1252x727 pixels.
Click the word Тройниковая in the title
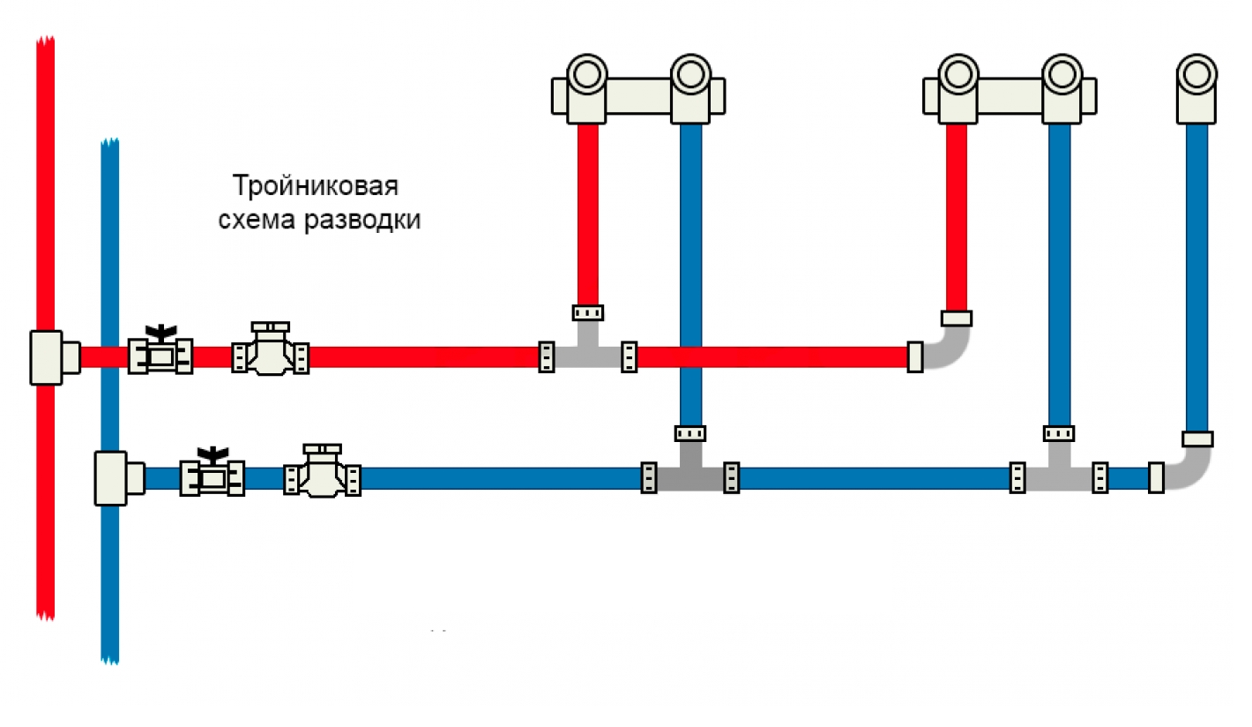tap(315, 187)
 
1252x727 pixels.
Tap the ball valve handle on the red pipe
tap(160, 334)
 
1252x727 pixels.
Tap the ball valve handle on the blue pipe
tap(212, 455)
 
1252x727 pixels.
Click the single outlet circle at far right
tap(1197, 74)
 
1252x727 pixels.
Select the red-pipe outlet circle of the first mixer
tap(586, 74)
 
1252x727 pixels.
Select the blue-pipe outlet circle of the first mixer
tap(690, 74)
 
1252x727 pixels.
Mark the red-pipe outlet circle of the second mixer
tap(957, 74)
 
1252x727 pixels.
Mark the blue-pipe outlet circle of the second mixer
tap(1061, 74)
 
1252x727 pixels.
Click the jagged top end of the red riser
tap(45, 41)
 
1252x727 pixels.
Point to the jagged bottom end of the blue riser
tap(110, 657)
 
